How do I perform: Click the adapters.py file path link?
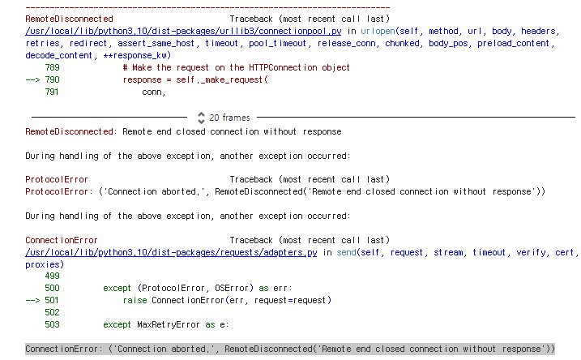(171, 253)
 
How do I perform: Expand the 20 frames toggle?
(202, 118)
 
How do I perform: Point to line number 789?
(51, 68)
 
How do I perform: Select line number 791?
(51, 92)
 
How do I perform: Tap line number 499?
(51, 276)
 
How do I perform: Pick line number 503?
(51, 324)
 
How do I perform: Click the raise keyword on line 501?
(135, 301)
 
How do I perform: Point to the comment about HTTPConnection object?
(236, 68)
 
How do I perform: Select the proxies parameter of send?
(44, 264)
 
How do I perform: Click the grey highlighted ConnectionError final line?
(289, 349)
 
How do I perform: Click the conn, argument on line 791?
(154, 92)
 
